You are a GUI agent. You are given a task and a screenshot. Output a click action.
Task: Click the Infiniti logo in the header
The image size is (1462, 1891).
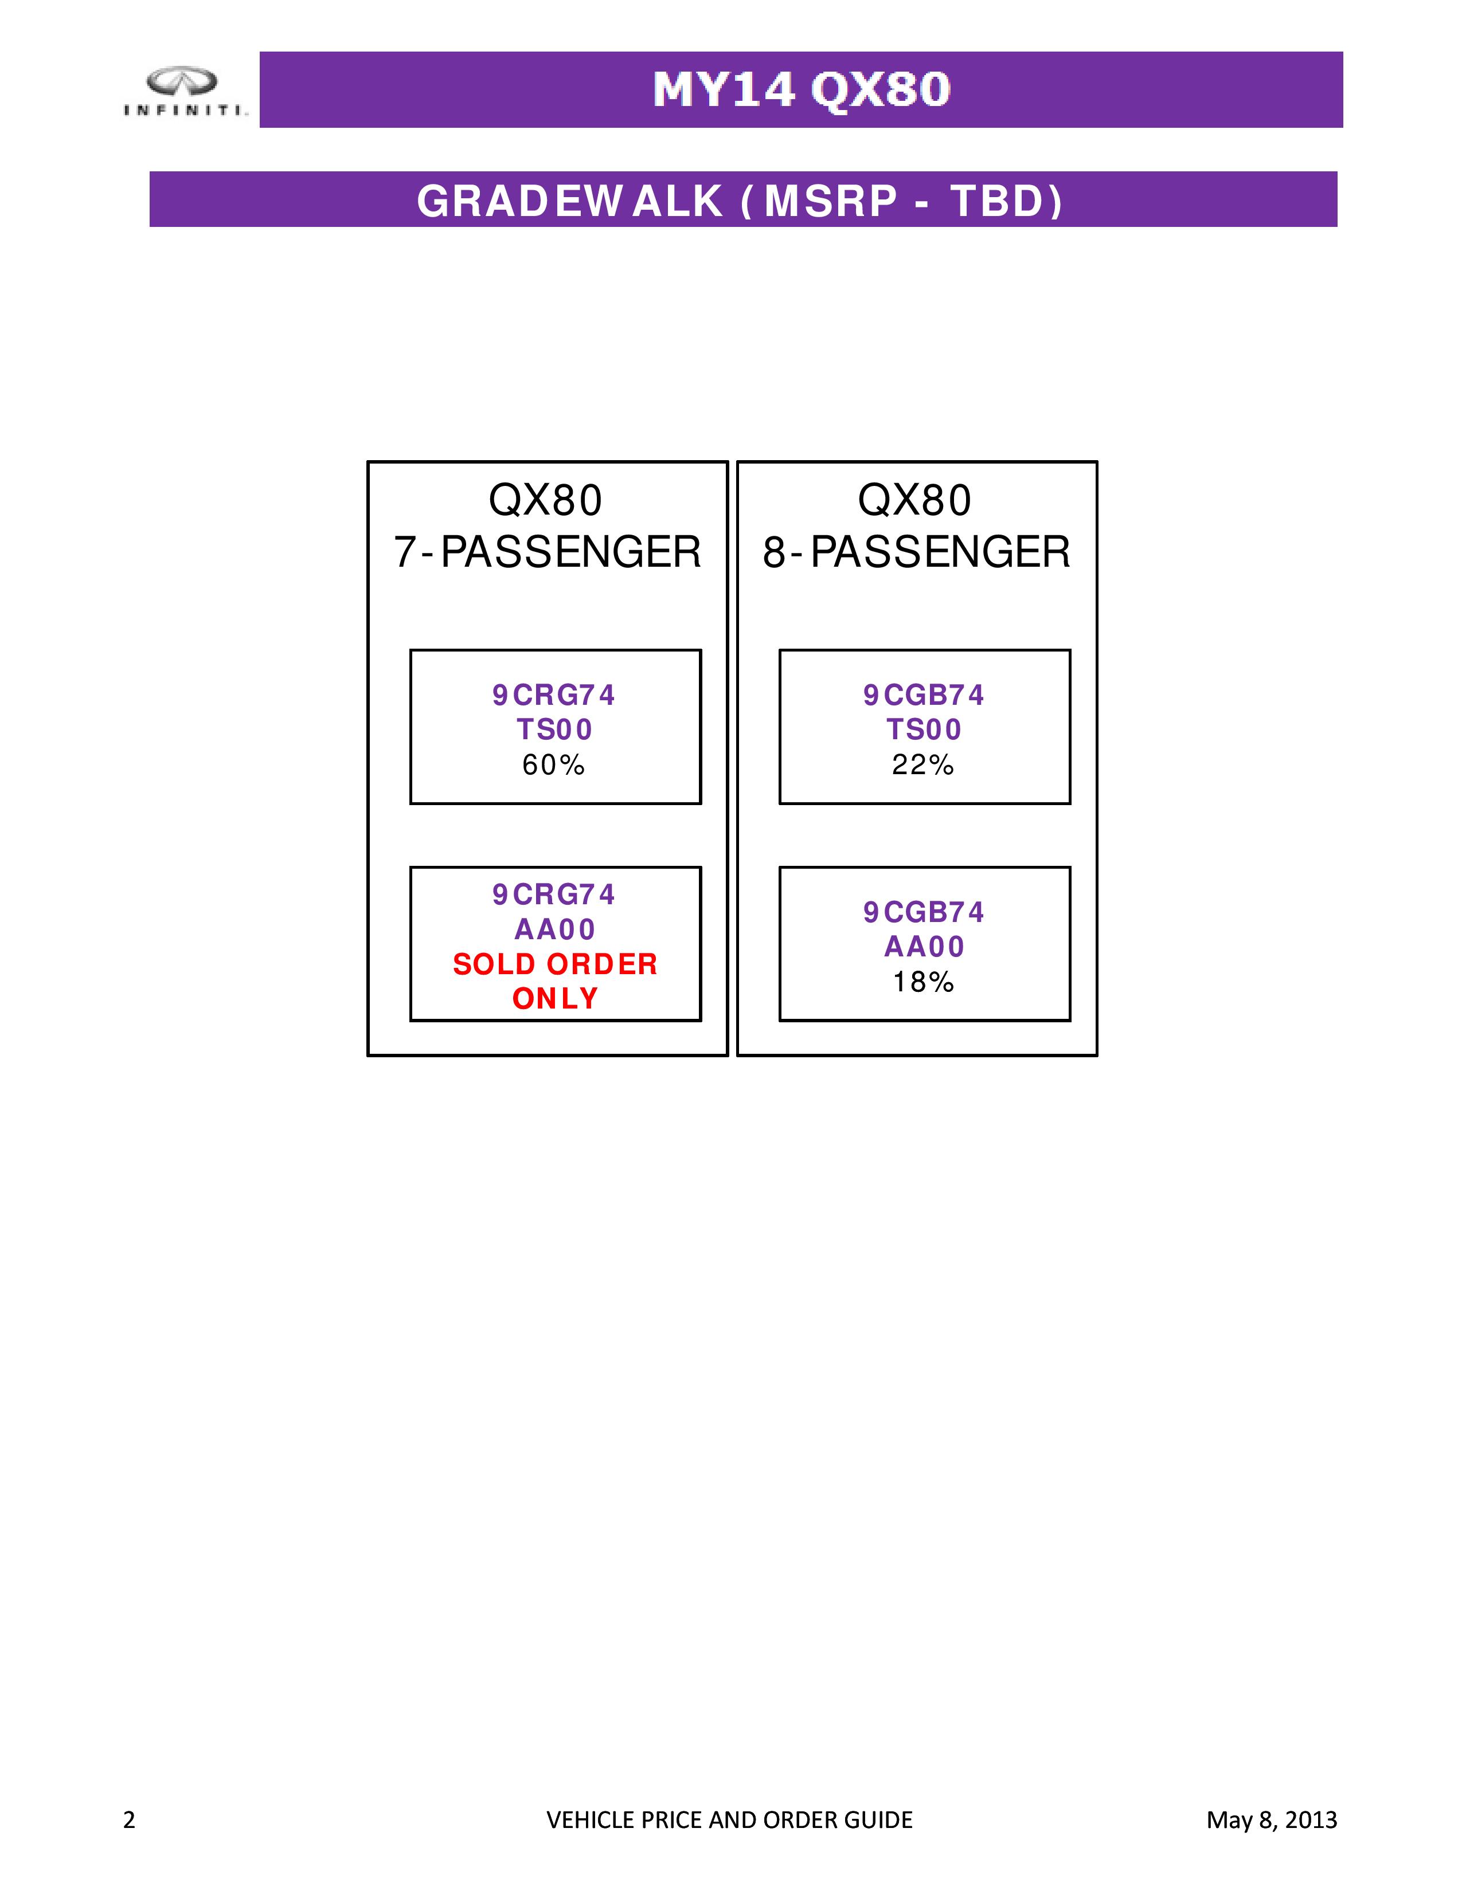[x=185, y=91]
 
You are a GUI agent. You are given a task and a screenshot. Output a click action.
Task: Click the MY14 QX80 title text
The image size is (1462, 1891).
[x=801, y=90]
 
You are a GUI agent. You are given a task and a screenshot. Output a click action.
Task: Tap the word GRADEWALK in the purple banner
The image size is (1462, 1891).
[x=570, y=201]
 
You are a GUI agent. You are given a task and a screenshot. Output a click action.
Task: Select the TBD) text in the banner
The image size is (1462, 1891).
[x=1006, y=201]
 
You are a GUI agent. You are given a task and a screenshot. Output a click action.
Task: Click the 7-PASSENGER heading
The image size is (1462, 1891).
[x=548, y=551]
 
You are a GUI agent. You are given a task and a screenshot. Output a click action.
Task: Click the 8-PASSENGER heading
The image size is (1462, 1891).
[x=916, y=551]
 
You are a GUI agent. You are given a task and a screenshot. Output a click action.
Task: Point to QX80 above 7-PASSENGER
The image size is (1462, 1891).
[x=546, y=500]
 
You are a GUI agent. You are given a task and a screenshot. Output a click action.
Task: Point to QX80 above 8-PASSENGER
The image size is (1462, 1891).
[x=914, y=500]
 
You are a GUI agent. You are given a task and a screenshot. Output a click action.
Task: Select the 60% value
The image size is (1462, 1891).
[x=553, y=764]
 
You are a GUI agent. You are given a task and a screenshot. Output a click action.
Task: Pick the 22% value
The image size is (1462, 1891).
[x=923, y=764]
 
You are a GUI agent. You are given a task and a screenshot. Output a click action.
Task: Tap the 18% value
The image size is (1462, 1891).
[x=923, y=982]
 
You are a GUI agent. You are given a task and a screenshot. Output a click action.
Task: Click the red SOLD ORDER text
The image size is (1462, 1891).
[x=555, y=964]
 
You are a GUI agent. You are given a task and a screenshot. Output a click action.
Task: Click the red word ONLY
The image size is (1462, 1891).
[x=555, y=998]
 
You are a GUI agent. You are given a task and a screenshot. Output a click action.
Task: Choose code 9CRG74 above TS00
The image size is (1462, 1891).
[x=553, y=695]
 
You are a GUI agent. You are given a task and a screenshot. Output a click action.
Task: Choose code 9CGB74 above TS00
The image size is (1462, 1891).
[x=923, y=695]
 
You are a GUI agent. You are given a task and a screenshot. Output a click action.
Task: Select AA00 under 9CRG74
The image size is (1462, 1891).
[x=555, y=929]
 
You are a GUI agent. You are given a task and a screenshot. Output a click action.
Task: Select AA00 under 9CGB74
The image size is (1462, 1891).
[x=924, y=947]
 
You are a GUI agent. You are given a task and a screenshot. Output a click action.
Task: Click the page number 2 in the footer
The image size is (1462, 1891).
[x=129, y=1820]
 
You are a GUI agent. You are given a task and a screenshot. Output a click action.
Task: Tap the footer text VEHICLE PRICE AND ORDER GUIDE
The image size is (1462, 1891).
[x=729, y=1820]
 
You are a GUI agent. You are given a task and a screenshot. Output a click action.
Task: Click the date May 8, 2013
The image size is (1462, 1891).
[x=1272, y=1820]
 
